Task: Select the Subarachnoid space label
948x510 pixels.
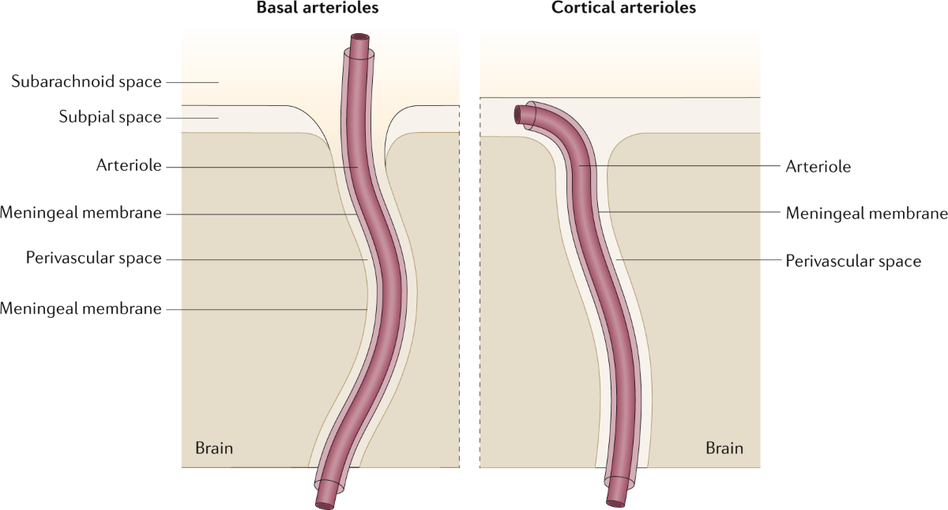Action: [x=86, y=81]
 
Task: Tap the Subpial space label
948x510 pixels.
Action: [x=110, y=117]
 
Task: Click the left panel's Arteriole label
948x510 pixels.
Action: [x=129, y=166]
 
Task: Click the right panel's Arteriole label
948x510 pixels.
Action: [x=818, y=167]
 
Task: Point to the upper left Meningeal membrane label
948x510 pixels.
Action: [x=81, y=213]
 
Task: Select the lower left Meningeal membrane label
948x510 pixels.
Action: [x=81, y=308]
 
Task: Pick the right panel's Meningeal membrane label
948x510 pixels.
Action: [x=866, y=213]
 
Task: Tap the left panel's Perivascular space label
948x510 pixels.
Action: [x=93, y=259]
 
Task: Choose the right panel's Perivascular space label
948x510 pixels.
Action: [x=853, y=260]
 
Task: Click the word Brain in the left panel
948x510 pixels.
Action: [x=214, y=448]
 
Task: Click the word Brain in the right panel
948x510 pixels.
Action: [x=724, y=448]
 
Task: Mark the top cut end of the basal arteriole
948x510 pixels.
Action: [x=360, y=39]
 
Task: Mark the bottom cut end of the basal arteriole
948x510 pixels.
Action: [x=325, y=501]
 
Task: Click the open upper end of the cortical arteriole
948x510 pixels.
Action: [x=518, y=115]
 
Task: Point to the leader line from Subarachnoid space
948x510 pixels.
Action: [x=193, y=81]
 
